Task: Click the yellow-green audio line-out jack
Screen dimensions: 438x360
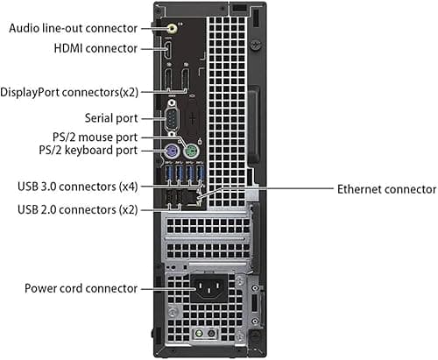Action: pyautogui.click(x=173, y=29)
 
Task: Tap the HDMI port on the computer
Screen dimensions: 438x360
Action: pyautogui.click(x=168, y=50)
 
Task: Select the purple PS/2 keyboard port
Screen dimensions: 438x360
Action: pyautogui.click(x=171, y=152)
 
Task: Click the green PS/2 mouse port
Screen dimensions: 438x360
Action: pyautogui.click(x=191, y=152)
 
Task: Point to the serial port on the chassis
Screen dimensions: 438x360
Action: pyautogui.click(x=173, y=118)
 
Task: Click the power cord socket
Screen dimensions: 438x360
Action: pyautogui.click(x=209, y=288)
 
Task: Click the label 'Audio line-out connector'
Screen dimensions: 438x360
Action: pyautogui.click(x=74, y=28)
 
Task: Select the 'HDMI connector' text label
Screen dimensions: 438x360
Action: pyautogui.click(x=95, y=48)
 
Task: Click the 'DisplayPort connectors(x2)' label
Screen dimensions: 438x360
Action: pyautogui.click(x=69, y=92)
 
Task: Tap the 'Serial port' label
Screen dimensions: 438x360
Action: pyautogui.click(x=111, y=118)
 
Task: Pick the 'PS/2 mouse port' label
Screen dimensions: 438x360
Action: pyautogui.click(x=95, y=137)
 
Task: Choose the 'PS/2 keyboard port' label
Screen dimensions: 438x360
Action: pyautogui.click(x=88, y=150)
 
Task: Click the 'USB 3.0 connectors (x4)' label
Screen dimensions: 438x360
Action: pyautogui.click(x=78, y=187)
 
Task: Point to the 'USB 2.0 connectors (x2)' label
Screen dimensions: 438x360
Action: pyautogui.click(x=78, y=209)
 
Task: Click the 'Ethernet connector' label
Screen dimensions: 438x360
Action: pyautogui.click(x=387, y=189)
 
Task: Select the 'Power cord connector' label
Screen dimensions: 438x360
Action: pyautogui.click(x=81, y=288)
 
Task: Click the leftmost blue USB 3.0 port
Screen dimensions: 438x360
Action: pyautogui.click(x=169, y=173)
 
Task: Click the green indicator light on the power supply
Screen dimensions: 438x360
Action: pyautogui.click(x=199, y=333)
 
